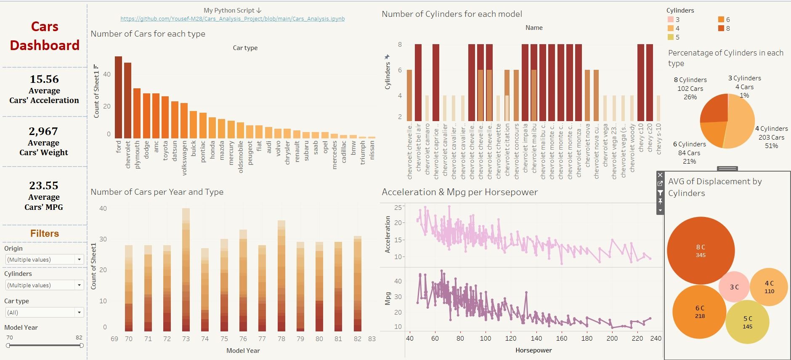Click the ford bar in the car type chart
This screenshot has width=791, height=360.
[118, 97]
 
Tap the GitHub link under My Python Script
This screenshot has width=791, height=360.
[232, 19]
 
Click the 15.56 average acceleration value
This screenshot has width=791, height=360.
[44, 79]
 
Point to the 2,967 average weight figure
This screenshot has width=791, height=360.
[43, 131]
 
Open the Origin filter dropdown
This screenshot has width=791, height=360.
[79, 259]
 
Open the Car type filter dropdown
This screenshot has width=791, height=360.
[79, 312]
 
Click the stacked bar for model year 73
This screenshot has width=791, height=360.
[186, 270]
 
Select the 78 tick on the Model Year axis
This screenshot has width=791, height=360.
[281, 339]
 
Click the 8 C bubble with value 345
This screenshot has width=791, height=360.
[701, 250]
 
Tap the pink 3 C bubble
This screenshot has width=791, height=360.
[734, 287]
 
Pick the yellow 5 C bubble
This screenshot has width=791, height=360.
[747, 322]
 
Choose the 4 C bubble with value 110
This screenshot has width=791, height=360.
[769, 287]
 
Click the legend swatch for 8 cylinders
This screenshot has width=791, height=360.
[721, 28]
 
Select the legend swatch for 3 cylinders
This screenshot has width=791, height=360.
[671, 19]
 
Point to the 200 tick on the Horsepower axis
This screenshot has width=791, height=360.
[612, 338]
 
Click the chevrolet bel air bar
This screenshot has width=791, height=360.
[418, 82]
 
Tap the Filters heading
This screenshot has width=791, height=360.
[45, 233]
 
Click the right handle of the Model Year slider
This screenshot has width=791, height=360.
[81, 345]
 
